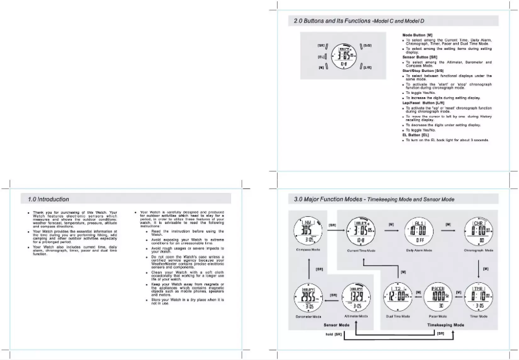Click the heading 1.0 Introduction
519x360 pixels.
49,199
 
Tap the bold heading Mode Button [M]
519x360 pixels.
417,34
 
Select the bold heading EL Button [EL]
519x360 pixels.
415,135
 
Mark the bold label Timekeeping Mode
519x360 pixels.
446,324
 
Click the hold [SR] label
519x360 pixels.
331,334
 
